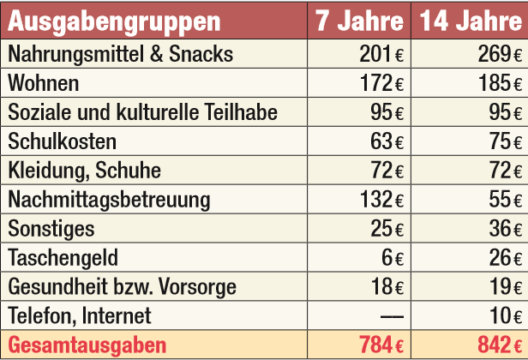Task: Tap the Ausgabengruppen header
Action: tap(114, 21)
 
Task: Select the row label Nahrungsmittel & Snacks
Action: tap(120, 54)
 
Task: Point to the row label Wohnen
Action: tap(44, 83)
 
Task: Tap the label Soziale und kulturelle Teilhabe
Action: tap(143, 112)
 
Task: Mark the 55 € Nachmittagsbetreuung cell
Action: tap(506, 200)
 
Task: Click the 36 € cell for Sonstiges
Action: tap(506, 229)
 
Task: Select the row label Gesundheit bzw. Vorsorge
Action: tap(122, 287)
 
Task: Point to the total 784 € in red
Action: tap(381, 345)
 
